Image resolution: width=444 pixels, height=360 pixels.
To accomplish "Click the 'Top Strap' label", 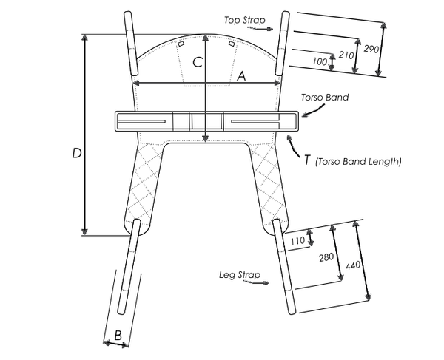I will (x=243, y=18).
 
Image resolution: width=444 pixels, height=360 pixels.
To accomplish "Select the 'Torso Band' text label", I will (x=324, y=98).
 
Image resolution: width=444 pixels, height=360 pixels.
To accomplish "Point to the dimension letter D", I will (x=76, y=154).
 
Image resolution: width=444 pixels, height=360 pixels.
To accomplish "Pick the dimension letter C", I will (x=198, y=63).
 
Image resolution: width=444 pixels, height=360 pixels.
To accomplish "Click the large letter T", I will (x=306, y=159).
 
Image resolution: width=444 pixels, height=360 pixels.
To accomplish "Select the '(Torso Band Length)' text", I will (x=358, y=161).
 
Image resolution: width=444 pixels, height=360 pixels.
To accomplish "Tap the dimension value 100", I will (x=320, y=61).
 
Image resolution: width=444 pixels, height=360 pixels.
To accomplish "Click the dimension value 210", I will (x=344, y=55).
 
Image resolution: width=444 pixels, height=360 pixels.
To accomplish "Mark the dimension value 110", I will (x=297, y=240).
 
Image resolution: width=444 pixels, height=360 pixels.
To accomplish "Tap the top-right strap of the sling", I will (x=282, y=43).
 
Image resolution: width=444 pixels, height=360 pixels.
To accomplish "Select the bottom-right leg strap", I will (x=285, y=266).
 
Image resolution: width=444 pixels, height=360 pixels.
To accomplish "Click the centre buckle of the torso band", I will (x=191, y=122).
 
